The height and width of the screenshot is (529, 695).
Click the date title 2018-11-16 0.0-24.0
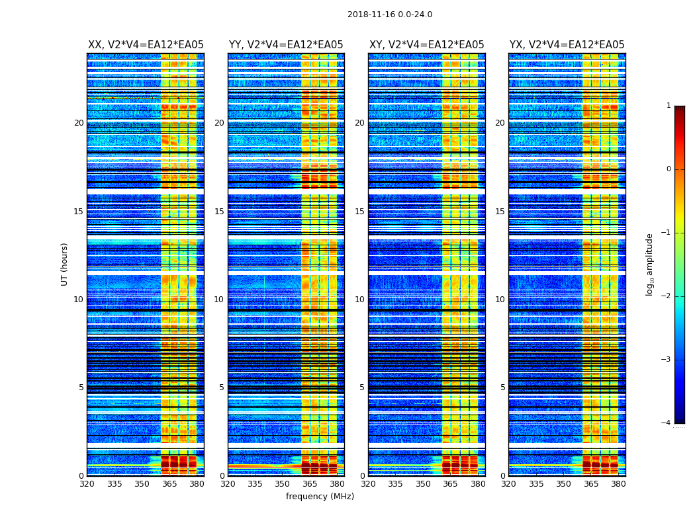[390, 15]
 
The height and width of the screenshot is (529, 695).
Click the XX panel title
[146, 45]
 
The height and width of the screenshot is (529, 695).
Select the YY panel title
[286, 45]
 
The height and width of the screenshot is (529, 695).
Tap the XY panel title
[426, 45]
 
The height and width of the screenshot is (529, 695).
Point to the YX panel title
[567, 45]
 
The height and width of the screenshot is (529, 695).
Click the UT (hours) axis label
[64, 264]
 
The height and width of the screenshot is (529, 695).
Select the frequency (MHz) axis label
[320, 497]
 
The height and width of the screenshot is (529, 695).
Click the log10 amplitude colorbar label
[649, 264]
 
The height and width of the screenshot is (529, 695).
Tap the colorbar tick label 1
[668, 106]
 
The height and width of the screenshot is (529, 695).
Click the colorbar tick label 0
[668, 169]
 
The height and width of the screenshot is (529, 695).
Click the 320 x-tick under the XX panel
[87, 484]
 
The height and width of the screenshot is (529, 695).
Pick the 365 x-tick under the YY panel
[310, 484]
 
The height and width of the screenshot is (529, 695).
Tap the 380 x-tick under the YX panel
[618, 484]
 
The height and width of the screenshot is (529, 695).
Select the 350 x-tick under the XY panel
[423, 484]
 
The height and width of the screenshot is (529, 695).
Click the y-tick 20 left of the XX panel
[79, 123]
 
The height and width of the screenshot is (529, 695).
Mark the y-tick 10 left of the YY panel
[219, 300]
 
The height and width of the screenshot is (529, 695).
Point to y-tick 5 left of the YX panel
[502, 387]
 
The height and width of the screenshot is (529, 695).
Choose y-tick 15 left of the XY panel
[359, 212]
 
